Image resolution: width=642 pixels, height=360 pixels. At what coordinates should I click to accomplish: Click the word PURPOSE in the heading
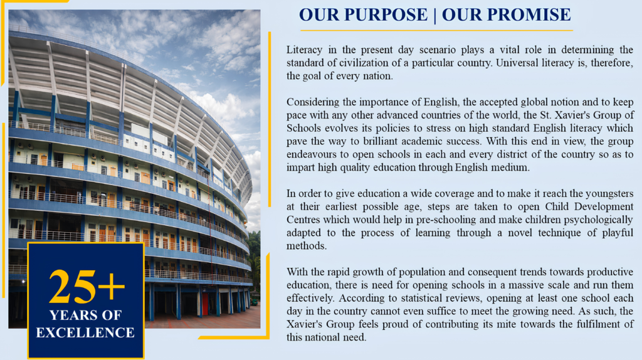pos(386,15)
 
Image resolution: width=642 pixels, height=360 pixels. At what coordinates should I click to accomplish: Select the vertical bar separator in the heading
pos(435,15)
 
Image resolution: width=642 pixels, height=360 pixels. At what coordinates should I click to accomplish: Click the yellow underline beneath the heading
pos(436,30)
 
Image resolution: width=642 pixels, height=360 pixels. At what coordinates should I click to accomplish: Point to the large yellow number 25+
pos(87,287)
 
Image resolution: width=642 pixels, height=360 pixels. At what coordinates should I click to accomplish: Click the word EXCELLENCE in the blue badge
pos(85,332)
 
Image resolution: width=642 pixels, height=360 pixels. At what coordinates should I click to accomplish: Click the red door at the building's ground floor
pos(205,304)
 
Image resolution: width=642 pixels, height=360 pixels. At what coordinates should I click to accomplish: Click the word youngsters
pos(609,194)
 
